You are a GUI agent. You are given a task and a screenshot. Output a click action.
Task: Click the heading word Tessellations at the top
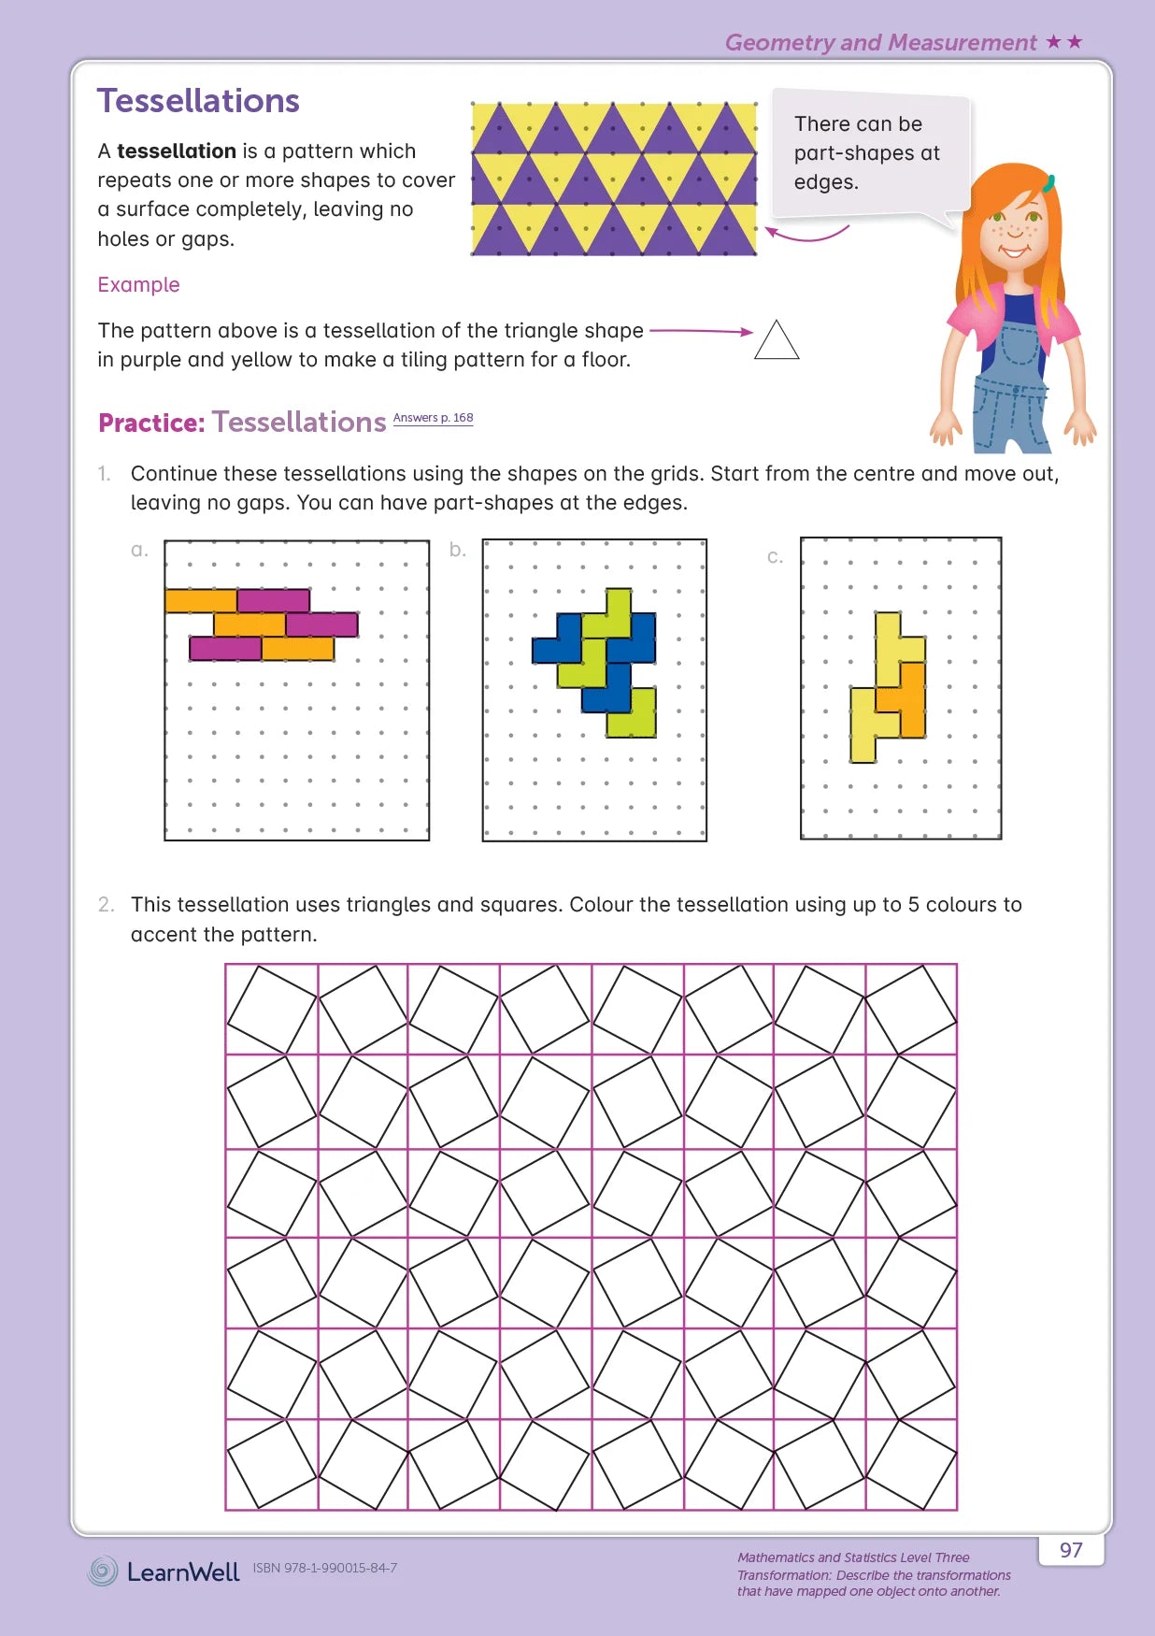[198, 101]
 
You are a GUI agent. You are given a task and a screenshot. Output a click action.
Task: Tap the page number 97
[1071, 1550]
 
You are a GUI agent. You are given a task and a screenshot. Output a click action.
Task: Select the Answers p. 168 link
[433, 418]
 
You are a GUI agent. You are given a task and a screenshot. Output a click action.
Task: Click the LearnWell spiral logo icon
[103, 1571]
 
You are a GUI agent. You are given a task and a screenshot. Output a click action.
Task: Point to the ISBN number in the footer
[324, 1568]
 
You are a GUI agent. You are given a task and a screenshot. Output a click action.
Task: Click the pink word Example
[138, 285]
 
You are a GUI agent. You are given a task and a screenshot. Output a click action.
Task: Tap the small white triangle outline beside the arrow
[777, 342]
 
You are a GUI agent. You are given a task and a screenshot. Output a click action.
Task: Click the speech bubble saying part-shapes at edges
[867, 153]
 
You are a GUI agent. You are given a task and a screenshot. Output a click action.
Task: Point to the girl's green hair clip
[1049, 182]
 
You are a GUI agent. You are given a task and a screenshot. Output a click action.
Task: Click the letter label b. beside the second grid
[457, 550]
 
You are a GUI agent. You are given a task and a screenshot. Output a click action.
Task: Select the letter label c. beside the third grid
[775, 557]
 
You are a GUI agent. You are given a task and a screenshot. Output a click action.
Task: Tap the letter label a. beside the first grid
[139, 550]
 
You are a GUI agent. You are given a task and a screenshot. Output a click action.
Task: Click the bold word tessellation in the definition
[177, 151]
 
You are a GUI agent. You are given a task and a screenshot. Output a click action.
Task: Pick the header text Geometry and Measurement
[880, 43]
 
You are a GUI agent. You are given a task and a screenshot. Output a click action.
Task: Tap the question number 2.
[106, 905]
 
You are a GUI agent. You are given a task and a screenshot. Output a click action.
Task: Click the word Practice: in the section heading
[151, 423]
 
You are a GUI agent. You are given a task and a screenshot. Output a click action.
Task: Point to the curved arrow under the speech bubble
[806, 235]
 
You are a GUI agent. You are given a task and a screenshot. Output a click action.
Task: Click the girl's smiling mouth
[1014, 251]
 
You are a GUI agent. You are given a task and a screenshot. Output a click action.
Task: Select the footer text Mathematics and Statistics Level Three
[853, 1557]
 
